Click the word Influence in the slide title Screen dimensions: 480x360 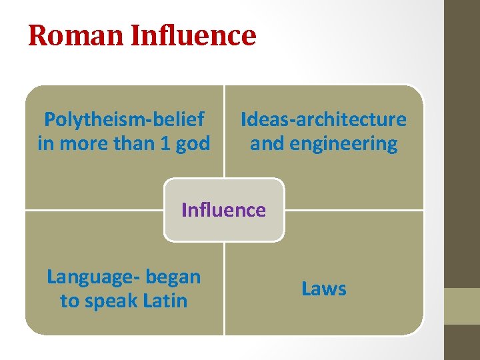(193, 35)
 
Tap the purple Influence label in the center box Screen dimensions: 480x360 (223, 210)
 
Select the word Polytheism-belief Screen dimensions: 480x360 (124, 119)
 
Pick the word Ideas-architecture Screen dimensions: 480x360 (323, 119)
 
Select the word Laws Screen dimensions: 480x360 (324, 289)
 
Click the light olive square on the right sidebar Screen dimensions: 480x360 (462, 306)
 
